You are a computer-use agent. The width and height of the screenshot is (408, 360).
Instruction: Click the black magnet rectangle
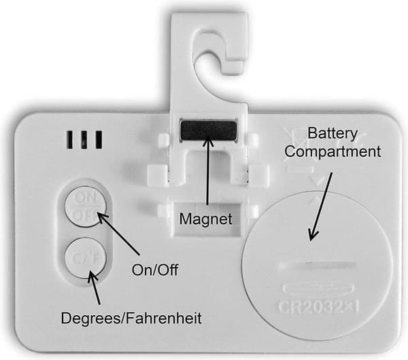[209, 130]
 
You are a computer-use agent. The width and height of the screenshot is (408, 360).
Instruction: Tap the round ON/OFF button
[86, 206]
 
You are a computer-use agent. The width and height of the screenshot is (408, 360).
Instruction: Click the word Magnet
[205, 219]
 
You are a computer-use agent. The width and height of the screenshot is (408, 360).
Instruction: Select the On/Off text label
[155, 270]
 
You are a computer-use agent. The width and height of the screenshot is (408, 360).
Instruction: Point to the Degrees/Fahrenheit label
[131, 318]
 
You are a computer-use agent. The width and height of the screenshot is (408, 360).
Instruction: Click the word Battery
[333, 134]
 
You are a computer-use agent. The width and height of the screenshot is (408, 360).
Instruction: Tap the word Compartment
[333, 151]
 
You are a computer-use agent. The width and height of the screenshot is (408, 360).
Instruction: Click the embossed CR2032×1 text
[318, 307]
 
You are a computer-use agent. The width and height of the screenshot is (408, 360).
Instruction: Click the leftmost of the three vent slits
[70, 139]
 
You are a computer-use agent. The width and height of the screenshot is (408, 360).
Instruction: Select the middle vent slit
[84, 139]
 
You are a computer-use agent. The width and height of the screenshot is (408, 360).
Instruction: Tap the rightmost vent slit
[99, 139]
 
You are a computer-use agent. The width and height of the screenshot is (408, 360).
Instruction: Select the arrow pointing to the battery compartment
[320, 206]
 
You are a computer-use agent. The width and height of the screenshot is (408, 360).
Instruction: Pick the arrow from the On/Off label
[118, 233]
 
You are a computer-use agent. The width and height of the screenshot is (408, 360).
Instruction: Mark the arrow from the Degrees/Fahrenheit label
[94, 287]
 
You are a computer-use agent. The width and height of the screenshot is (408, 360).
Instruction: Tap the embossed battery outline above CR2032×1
[318, 288]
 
